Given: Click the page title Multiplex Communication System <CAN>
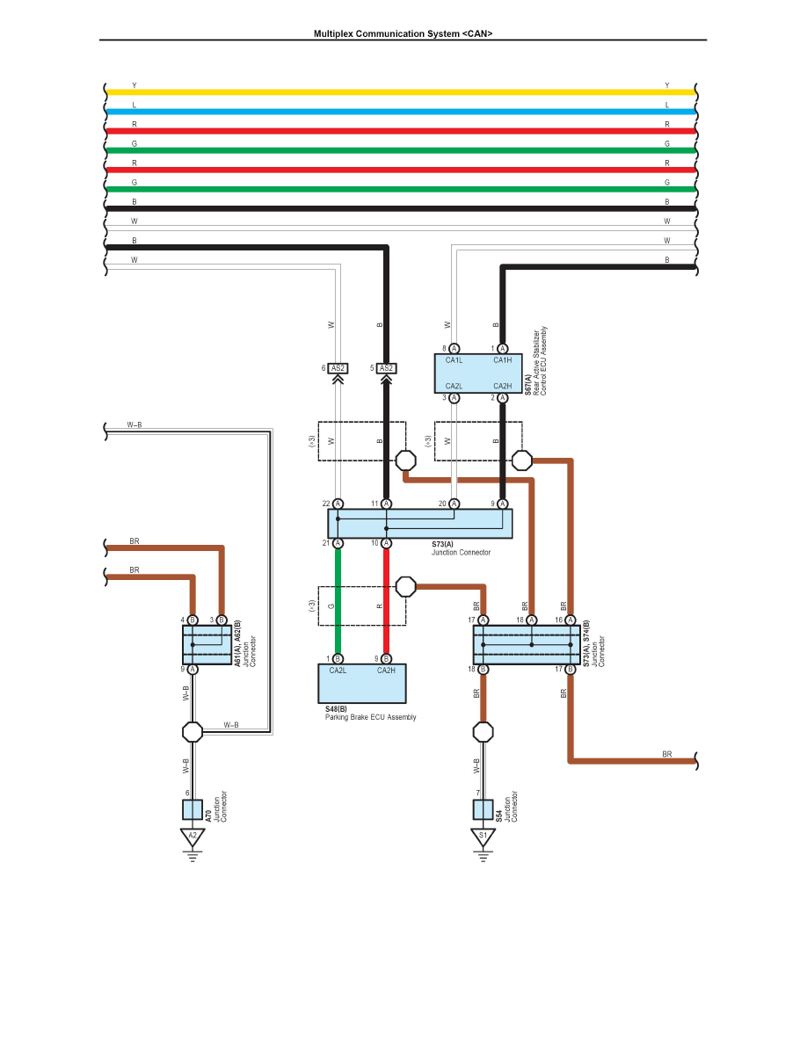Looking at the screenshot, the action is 403,33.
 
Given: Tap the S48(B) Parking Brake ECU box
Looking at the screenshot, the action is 361,683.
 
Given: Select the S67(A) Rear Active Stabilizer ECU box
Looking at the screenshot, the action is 478,373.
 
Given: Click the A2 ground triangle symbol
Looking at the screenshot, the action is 193,837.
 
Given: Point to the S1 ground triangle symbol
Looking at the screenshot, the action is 483,837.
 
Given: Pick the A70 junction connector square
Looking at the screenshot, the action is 193,809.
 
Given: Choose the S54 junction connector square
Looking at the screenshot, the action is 483,809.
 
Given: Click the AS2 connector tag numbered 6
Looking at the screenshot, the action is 338,368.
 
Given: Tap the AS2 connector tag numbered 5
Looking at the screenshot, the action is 386,368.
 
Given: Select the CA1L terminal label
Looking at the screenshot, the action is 454,360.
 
